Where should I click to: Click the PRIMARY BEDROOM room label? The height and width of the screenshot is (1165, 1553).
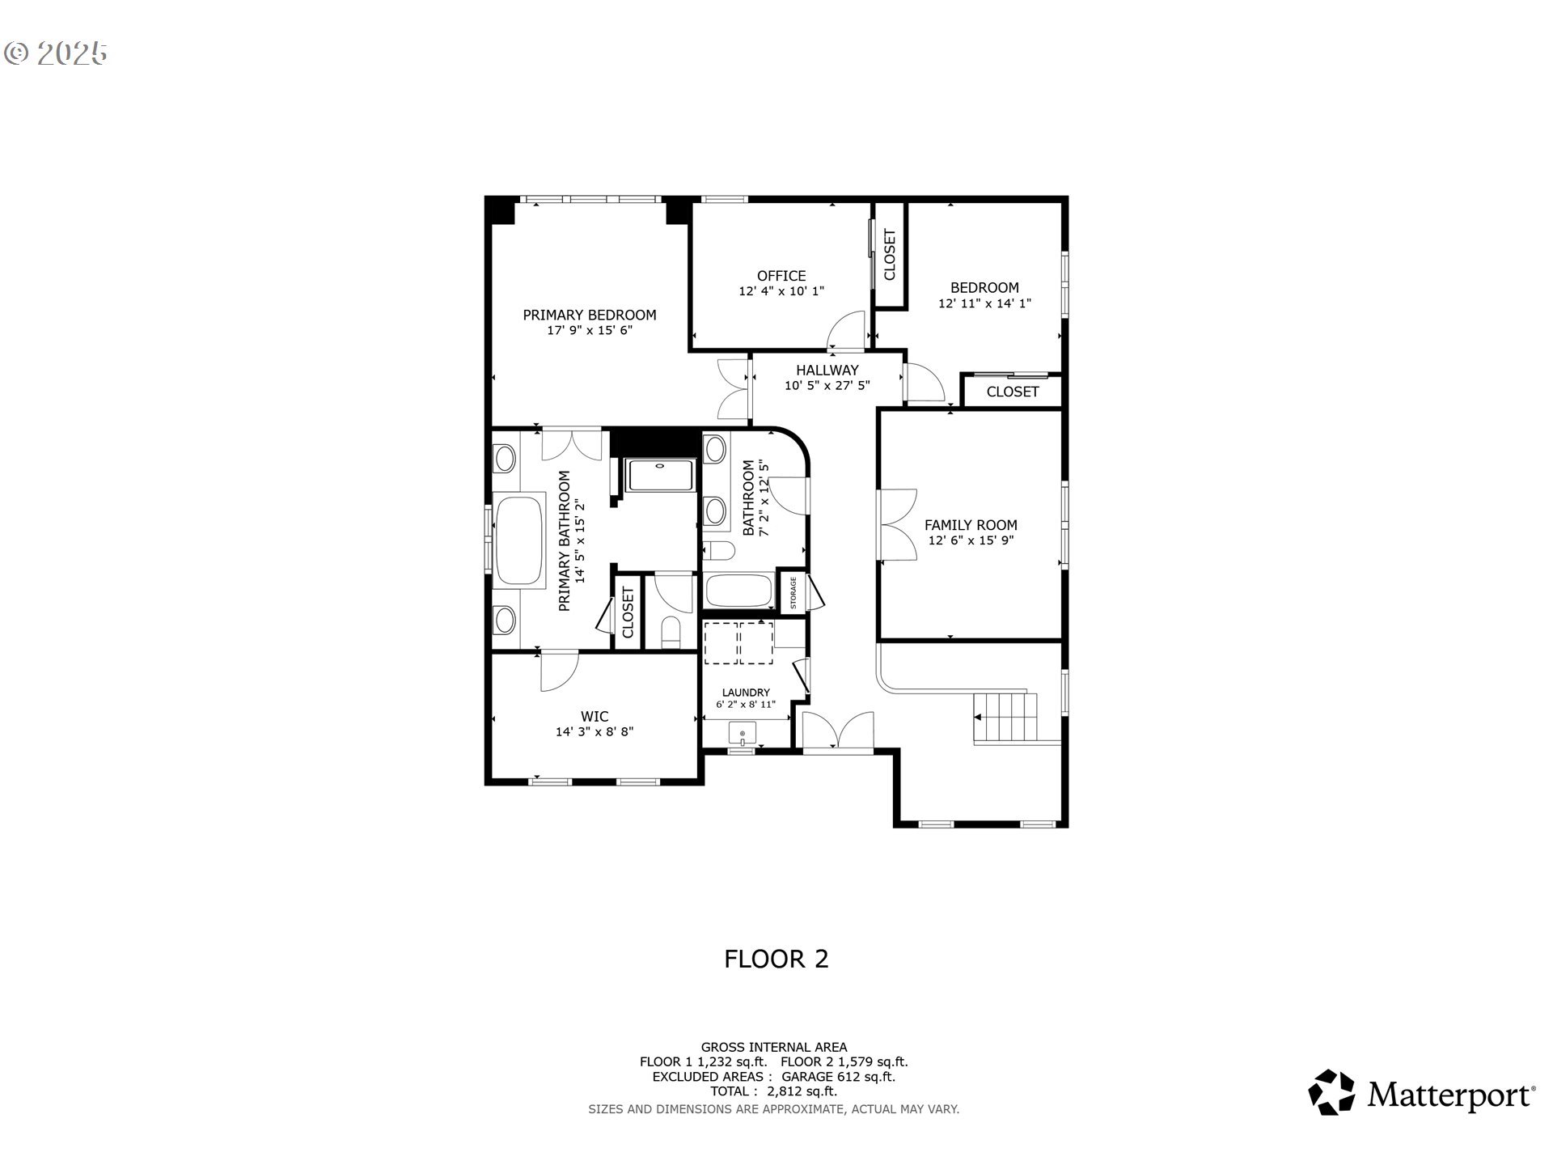coord(589,315)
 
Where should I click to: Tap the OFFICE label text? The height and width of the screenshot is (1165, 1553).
coord(781,276)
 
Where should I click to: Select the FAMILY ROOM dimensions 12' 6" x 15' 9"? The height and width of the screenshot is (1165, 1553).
coord(971,540)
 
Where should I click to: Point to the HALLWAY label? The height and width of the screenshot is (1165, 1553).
coord(827,371)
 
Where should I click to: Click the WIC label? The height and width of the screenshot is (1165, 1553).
coord(595,717)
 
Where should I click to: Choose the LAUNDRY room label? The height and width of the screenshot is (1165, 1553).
coord(746,693)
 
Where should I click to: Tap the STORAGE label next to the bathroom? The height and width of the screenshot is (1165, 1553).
coord(793,593)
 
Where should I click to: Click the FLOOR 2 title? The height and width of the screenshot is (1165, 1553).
coord(776,959)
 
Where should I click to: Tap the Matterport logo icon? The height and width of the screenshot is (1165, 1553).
coord(1331,1092)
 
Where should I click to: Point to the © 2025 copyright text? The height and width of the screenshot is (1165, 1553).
coord(55,53)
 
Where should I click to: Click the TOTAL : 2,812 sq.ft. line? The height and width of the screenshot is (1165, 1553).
coord(774,1091)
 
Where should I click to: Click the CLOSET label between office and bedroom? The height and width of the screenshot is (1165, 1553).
coord(890,255)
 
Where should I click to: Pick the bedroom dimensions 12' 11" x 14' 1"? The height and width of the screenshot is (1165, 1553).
coord(984,303)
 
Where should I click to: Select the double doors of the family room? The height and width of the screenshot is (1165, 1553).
coord(898,524)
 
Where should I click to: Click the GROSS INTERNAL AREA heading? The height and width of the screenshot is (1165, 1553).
coord(774,1047)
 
